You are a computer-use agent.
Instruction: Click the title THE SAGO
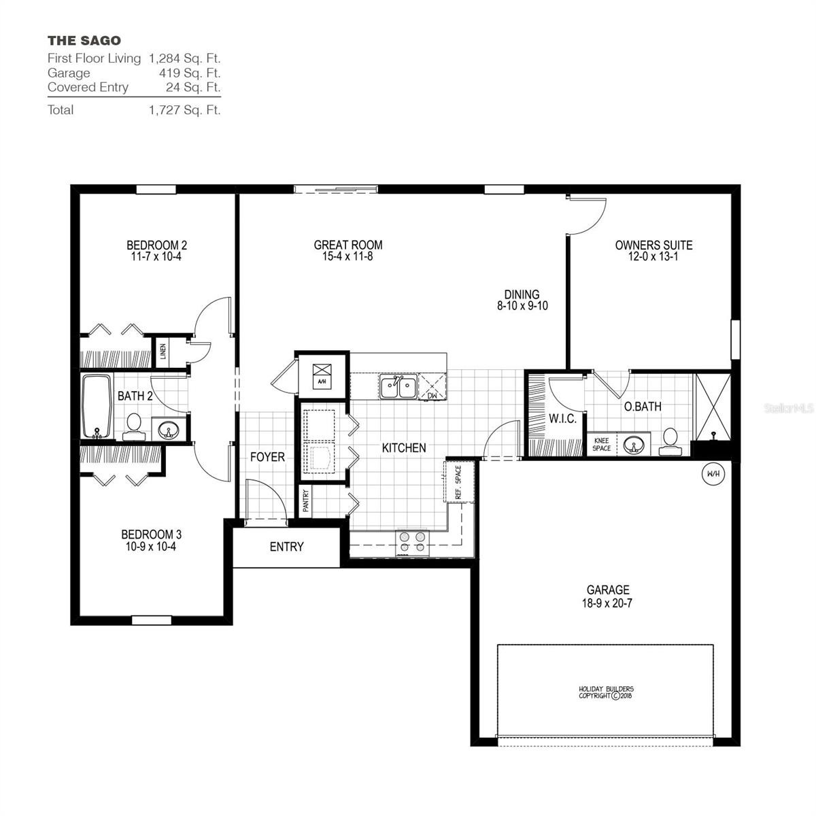pos(84,41)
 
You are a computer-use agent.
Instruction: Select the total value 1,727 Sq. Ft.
pos(184,109)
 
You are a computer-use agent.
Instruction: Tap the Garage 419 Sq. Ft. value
pos(184,73)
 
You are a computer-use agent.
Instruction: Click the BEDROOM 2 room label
pos(156,245)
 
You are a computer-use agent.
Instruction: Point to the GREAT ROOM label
pos(347,245)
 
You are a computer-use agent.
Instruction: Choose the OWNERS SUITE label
pos(653,245)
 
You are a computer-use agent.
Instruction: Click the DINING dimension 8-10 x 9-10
pos(522,306)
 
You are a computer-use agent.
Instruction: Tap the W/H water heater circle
pos(713,473)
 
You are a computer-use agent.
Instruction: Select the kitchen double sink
pos(398,388)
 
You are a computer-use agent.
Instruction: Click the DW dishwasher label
pos(432,395)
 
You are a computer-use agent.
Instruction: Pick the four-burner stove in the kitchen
pos(413,541)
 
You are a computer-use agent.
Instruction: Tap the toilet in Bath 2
pos(133,424)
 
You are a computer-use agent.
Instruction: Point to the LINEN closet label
pos(163,352)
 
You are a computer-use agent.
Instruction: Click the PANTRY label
pos(305,501)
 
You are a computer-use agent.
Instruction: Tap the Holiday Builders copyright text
pos(605,692)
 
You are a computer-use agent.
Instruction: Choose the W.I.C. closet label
pos(562,419)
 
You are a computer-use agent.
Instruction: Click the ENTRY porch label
pos(286,547)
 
